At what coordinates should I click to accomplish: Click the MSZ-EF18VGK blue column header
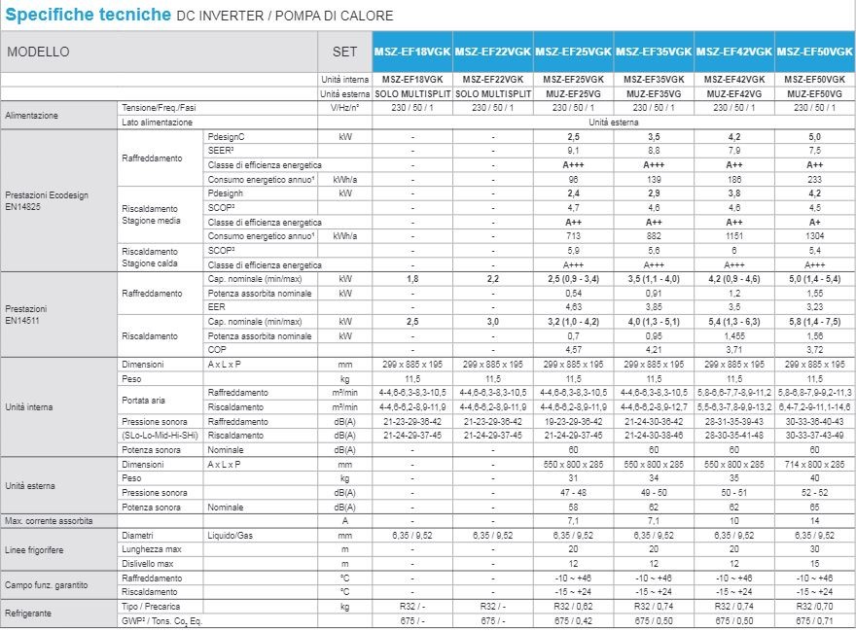411,52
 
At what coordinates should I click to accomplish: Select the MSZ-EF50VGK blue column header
815,52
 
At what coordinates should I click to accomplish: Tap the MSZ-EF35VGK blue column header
654,52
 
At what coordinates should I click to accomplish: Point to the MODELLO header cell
39,52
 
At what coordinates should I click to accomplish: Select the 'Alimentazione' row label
32,115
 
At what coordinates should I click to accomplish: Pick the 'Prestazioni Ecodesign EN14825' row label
47,201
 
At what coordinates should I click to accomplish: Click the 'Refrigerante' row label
28,613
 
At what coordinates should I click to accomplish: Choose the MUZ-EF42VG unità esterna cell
734,93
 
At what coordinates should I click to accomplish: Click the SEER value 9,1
574,152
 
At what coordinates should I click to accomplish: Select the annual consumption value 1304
815,236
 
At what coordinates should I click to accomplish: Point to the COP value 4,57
574,348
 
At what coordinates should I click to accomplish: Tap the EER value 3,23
815,305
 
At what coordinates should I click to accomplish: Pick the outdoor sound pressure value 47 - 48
574,494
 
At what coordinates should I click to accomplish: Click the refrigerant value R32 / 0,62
574,607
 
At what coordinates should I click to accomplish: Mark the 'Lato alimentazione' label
158,123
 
